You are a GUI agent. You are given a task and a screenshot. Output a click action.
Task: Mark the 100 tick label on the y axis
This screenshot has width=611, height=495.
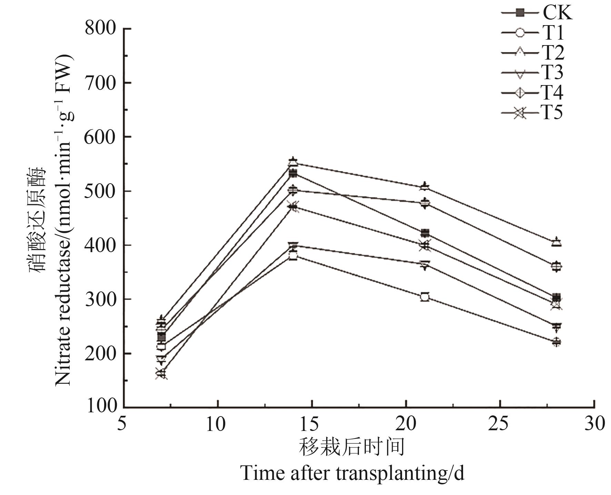click(x=102, y=406)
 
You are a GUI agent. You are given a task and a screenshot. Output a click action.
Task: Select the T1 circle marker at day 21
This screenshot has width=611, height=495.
click(x=425, y=297)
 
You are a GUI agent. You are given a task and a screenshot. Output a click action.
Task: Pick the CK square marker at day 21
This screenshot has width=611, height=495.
click(x=425, y=233)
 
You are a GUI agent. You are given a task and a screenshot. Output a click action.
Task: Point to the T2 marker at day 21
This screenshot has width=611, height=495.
click(x=425, y=186)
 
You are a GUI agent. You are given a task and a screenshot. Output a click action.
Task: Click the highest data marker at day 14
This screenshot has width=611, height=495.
click(x=293, y=162)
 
